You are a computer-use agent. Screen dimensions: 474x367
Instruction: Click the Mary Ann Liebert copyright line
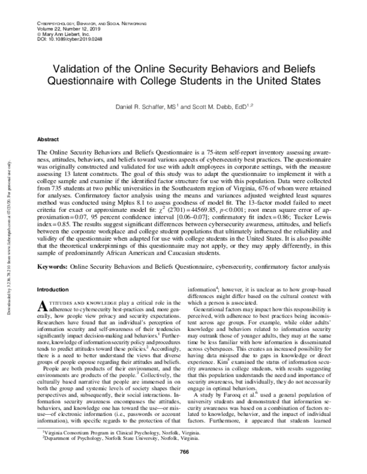pos(59,32)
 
